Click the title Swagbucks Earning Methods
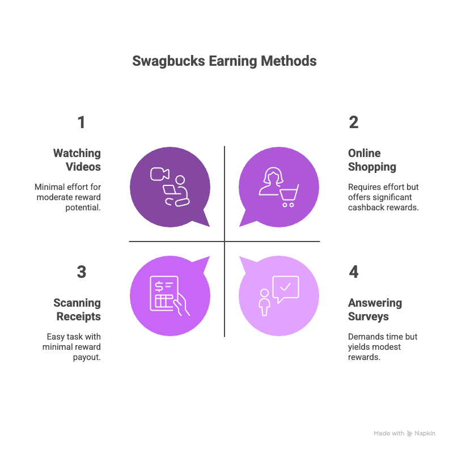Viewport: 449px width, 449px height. pos(224,61)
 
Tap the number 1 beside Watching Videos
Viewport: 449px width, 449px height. pos(81,122)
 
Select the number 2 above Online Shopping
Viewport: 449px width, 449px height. pos(353,122)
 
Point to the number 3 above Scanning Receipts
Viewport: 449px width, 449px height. pos(81,272)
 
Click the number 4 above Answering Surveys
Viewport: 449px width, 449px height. pos(354,272)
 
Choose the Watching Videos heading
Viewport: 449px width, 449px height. pos(77,160)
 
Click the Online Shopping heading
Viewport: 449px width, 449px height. pos(371,160)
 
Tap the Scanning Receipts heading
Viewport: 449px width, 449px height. pos(77,310)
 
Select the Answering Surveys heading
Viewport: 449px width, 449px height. pos(375,310)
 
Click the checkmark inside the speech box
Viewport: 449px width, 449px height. pos(286,287)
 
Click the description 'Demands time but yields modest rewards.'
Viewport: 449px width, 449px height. pos(383,347)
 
